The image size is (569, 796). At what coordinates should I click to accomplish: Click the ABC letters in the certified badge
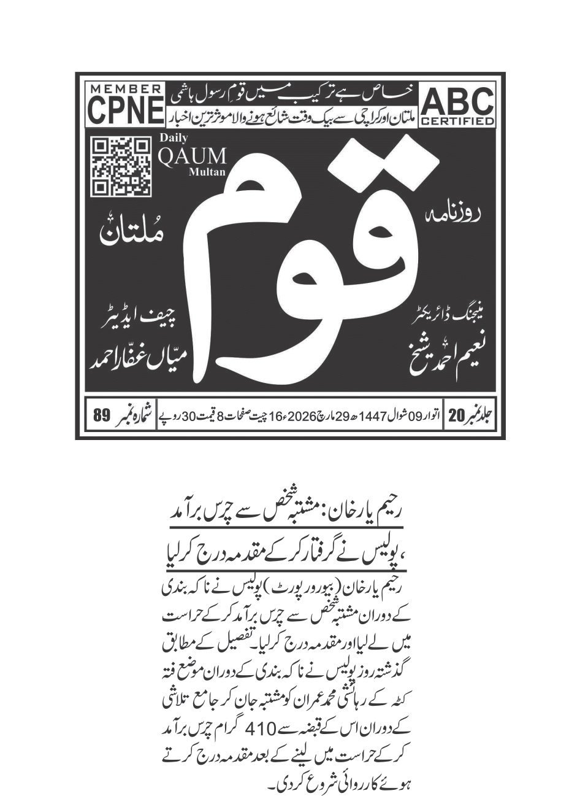click(x=457, y=101)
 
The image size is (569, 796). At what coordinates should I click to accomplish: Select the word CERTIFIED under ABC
click(x=457, y=121)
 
